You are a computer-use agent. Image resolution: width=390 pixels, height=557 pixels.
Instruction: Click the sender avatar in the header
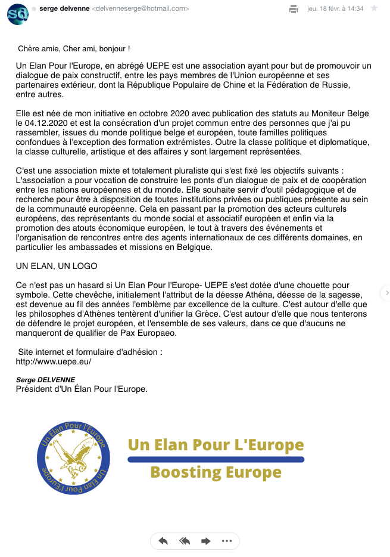coord(17,13)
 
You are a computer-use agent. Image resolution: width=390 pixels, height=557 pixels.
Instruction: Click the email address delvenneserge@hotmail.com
coord(141,8)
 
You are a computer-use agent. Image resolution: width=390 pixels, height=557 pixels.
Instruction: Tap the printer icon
coord(293,9)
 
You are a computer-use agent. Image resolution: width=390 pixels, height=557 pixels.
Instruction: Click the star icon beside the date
coord(374,8)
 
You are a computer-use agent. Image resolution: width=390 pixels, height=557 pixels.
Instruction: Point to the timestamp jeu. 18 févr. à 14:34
coord(335,9)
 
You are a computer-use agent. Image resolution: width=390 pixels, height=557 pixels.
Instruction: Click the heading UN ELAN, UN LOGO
coord(57,266)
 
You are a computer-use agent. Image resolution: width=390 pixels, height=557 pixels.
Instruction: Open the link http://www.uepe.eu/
coord(54,361)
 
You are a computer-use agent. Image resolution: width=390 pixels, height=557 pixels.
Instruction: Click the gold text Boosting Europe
coord(216,472)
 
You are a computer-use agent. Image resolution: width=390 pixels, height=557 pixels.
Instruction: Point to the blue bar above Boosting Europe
coord(216,459)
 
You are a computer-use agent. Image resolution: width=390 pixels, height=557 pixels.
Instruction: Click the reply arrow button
coord(163,541)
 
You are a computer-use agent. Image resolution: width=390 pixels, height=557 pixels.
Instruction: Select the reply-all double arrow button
coord(185,541)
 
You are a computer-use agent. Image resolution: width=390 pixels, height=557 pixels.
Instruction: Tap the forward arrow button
coord(205,541)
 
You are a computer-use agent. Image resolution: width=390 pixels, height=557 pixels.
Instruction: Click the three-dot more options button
coord(226,541)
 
